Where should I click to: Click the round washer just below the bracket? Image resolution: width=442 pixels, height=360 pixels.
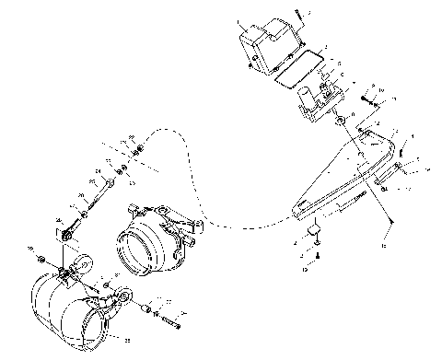[342, 122]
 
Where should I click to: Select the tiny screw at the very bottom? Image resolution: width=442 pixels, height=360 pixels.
[317, 254]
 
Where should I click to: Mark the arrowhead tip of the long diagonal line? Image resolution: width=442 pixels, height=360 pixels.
[392, 221]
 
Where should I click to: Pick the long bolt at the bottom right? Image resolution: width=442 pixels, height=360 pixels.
[171, 322]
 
